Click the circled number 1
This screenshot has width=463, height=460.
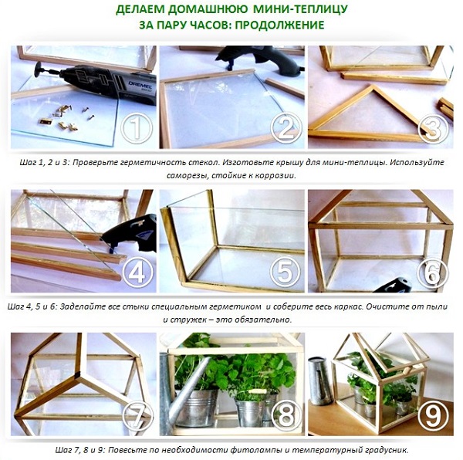tap(137, 128)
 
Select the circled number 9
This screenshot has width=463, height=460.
tap(433, 415)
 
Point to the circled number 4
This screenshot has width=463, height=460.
tap(137, 272)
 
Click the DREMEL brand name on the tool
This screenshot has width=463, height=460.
tap(140, 85)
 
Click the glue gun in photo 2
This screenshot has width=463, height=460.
tap(260, 60)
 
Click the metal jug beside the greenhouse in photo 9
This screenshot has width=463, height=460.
tap(321, 381)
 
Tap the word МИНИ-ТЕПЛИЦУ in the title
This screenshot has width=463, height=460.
tap(301, 9)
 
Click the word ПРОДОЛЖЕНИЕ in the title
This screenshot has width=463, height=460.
tap(280, 25)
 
